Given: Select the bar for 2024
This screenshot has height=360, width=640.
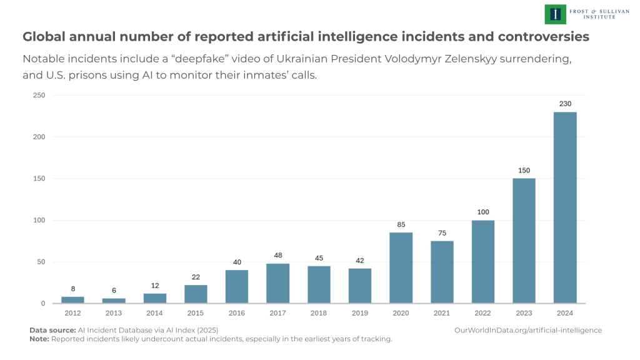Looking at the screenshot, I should click(565, 207).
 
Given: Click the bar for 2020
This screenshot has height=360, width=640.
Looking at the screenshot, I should click(401, 267).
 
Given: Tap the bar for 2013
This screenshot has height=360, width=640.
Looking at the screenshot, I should click(114, 301).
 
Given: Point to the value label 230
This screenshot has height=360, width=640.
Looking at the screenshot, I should click(565, 104).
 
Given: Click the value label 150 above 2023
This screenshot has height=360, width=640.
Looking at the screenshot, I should click(524, 170).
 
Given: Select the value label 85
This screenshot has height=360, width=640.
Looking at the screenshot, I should click(401, 224).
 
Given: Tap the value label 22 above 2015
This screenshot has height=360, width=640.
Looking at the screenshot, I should click(196, 277).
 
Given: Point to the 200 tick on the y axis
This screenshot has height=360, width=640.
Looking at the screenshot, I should click(39, 137).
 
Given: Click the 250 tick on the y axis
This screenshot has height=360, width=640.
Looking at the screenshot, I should click(39, 95).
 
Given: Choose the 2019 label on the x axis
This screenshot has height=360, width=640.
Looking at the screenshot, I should click(359, 312).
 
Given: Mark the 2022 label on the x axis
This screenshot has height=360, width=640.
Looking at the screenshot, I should click(482, 312).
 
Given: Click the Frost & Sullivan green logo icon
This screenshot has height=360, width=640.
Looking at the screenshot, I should click(554, 14).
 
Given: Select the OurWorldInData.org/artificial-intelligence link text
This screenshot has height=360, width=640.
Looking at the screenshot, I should click(527, 330).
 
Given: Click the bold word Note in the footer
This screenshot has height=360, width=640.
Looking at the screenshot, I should click(39, 339).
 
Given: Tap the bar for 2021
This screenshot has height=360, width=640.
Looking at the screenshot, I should click(442, 272).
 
